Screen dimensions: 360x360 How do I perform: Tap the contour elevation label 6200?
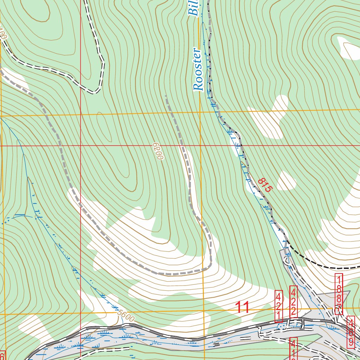[158, 152]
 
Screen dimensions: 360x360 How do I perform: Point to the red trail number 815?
[265, 185]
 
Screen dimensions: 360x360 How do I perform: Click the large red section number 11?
[242, 308]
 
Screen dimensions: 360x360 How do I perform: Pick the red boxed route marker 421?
[278, 306]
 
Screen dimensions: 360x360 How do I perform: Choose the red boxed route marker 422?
[294, 302]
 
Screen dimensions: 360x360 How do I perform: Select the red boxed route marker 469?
[351, 332]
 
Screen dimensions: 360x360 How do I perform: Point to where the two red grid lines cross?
[81, 145]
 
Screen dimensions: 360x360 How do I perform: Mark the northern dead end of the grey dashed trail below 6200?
[166, 96]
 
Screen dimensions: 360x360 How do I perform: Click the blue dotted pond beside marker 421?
[281, 327]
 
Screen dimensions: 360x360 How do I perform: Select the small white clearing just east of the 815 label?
[287, 181]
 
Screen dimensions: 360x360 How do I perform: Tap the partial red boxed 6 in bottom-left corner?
[3, 355]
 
